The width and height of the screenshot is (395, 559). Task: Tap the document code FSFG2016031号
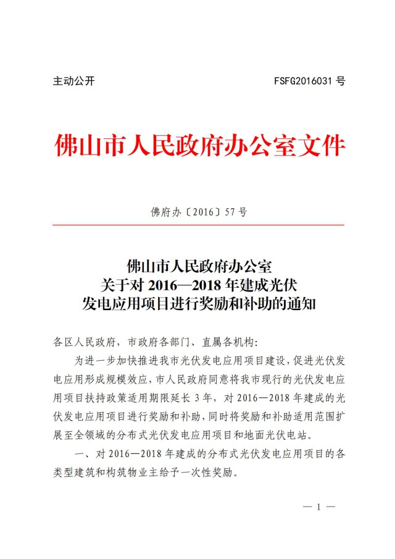click(x=309, y=82)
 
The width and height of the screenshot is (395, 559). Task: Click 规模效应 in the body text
click(x=128, y=378)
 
